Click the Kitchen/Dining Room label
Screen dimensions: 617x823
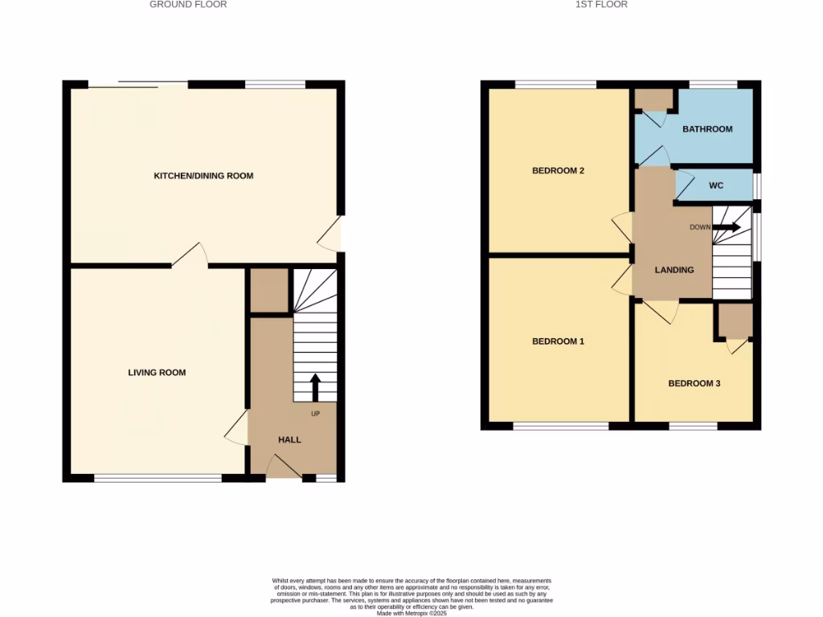pyautogui.click(x=203, y=175)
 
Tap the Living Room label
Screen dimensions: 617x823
pyautogui.click(x=157, y=372)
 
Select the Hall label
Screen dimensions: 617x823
pyautogui.click(x=289, y=439)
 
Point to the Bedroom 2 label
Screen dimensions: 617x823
pyautogui.click(x=558, y=170)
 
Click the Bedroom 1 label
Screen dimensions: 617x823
pyautogui.click(x=558, y=341)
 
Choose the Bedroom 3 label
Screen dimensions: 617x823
pyautogui.click(x=694, y=383)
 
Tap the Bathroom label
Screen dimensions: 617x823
pyautogui.click(x=707, y=129)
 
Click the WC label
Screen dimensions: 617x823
pyautogui.click(x=716, y=186)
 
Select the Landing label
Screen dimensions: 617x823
pyautogui.click(x=674, y=270)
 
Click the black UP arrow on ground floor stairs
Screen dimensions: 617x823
pyautogui.click(x=314, y=386)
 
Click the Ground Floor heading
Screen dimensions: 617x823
pyautogui.click(x=188, y=5)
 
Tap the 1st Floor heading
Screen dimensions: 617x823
pyautogui.click(x=601, y=5)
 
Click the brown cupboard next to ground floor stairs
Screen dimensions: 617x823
pyautogui.click(x=268, y=291)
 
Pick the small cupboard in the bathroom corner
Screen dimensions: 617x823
pyautogui.click(x=654, y=100)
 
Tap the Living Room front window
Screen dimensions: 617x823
pyautogui.click(x=158, y=478)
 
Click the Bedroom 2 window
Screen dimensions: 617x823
pyautogui.click(x=555, y=84)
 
